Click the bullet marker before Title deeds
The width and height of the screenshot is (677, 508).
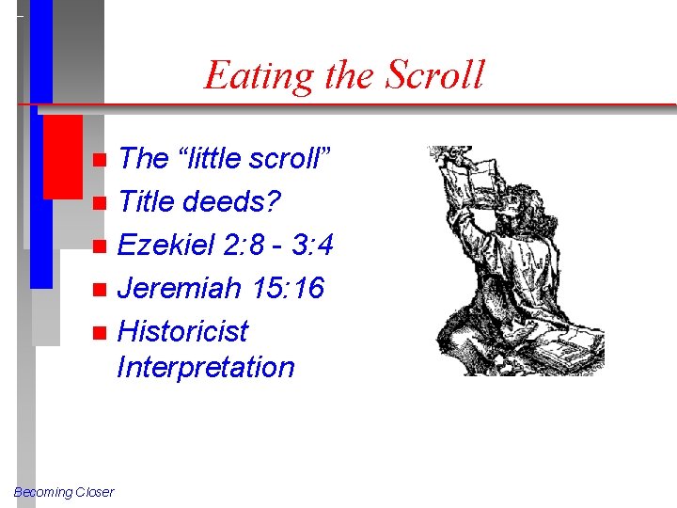click(102, 201)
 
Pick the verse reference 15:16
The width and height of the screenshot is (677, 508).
click(289, 288)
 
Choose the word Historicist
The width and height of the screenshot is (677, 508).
click(182, 331)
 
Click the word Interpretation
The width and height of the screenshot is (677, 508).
click(205, 367)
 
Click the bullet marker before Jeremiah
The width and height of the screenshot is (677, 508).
click(102, 289)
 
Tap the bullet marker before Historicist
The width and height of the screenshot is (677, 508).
click(102, 332)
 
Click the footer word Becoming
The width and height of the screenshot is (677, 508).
click(42, 492)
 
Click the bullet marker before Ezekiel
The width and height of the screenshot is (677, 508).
click(102, 246)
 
